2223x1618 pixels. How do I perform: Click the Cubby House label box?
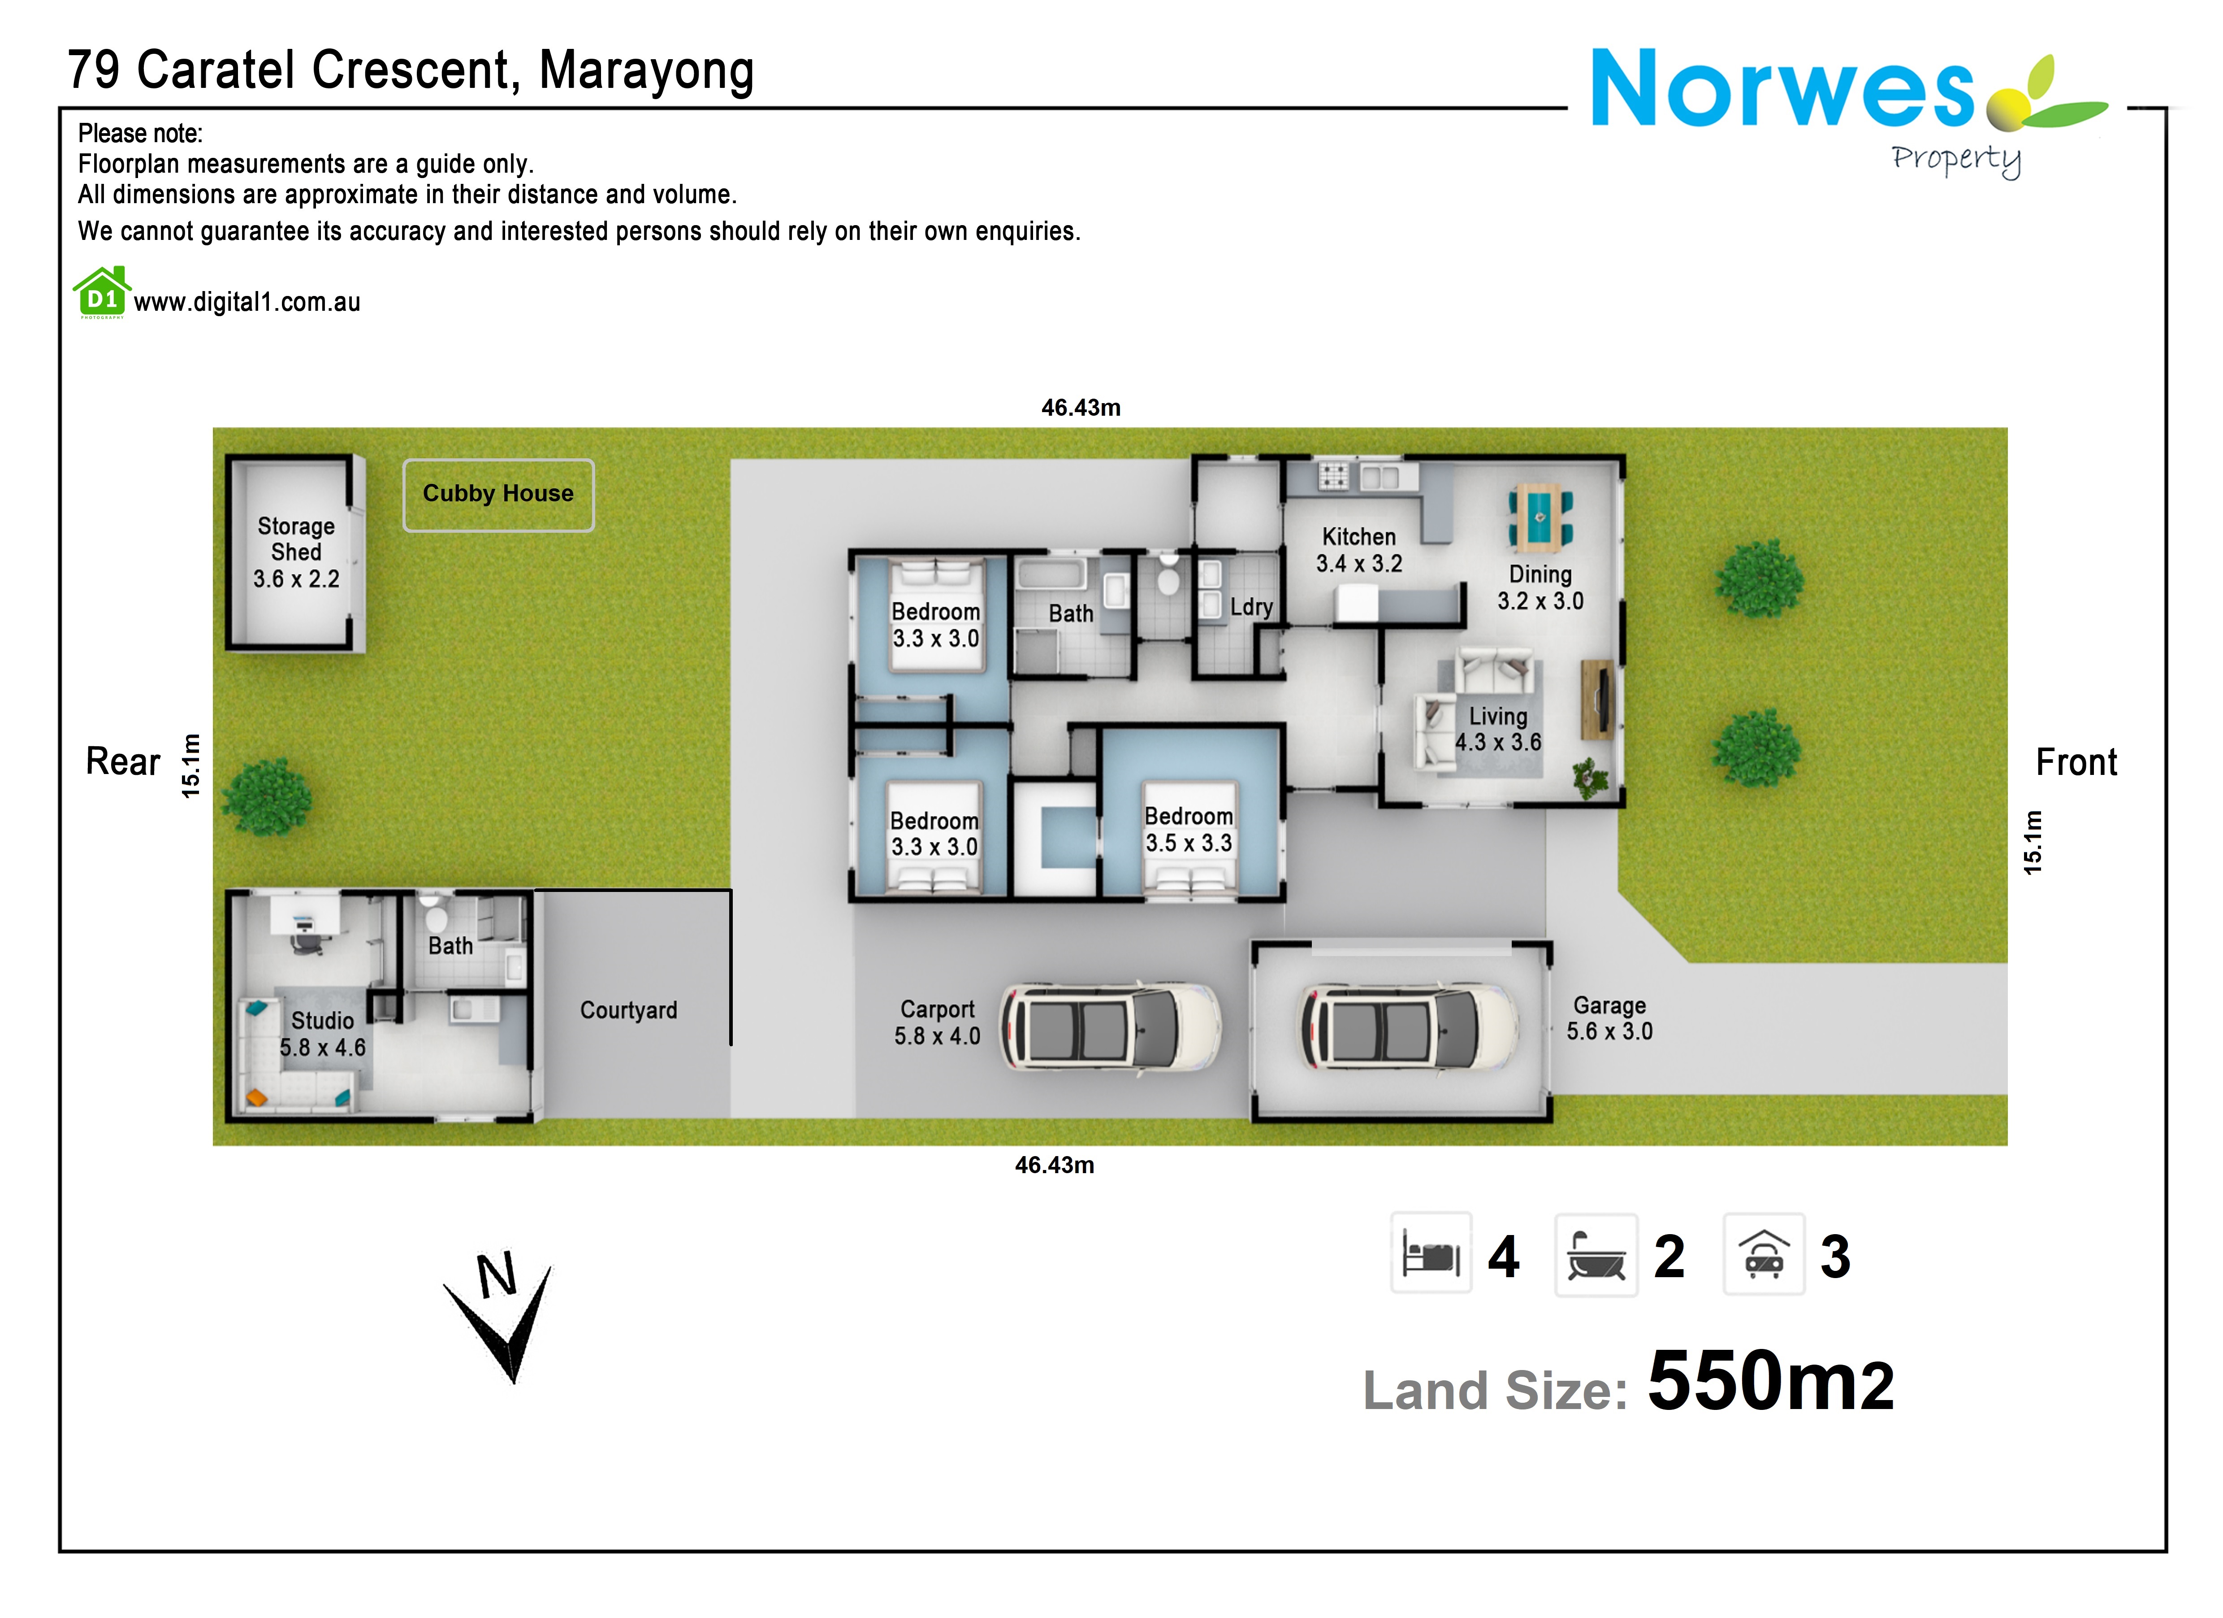(x=498, y=494)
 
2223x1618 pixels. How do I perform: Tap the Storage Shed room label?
(x=296, y=552)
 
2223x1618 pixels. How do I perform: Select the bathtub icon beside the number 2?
(x=1596, y=1255)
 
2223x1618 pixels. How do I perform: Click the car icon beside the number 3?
(x=1763, y=1254)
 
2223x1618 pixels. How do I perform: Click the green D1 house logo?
(x=102, y=292)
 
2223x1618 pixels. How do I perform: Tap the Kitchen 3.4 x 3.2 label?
(x=1358, y=550)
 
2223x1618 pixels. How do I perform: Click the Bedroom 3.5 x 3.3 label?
(x=1188, y=830)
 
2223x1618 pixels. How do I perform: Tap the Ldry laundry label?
(x=1251, y=607)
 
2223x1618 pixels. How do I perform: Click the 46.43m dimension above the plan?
(x=1080, y=408)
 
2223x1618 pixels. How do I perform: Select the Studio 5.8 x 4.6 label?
(x=323, y=1034)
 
